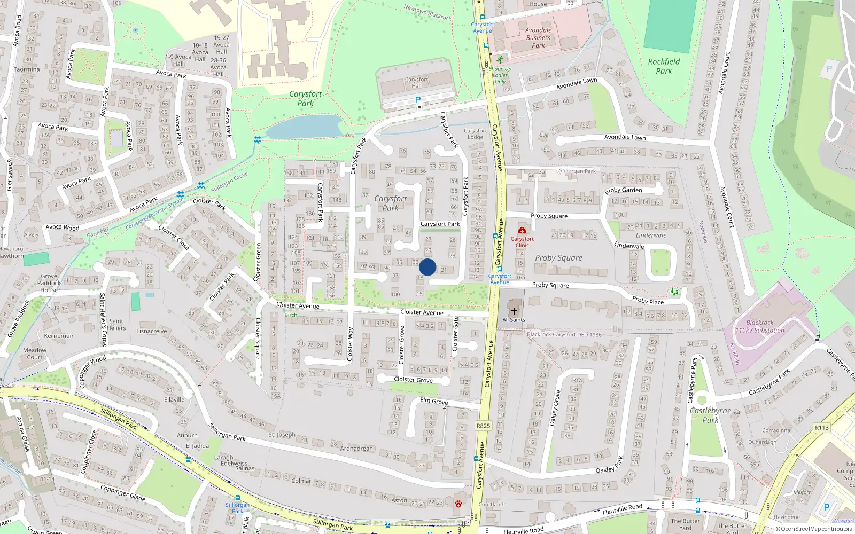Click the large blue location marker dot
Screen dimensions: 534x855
(x=428, y=267)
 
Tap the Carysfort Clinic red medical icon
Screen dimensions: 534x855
(x=522, y=230)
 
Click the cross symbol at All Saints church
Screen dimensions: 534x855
(x=514, y=311)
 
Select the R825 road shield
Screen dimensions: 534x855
(x=483, y=426)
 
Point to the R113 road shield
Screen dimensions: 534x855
(x=822, y=428)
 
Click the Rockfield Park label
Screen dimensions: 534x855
(x=664, y=66)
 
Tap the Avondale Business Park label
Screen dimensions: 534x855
(x=538, y=38)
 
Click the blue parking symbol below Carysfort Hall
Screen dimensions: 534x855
(x=418, y=100)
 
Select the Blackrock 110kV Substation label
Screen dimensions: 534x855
(x=759, y=326)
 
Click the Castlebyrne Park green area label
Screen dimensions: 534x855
(x=710, y=415)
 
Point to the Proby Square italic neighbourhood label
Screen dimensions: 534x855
(x=558, y=258)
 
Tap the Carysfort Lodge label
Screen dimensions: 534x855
(x=475, y=133)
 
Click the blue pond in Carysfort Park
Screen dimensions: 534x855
(x=305, y=127)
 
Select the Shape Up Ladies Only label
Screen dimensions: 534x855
(x=500, y=75)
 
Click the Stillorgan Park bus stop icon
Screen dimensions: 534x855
(x=237, y=498)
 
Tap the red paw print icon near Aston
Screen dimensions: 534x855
(x=458, y=504)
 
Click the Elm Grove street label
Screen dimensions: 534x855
(x=434, y=401)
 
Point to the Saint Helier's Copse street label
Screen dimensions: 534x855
(x=103, y=319)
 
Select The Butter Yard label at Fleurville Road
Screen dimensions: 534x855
(x=685, y=524)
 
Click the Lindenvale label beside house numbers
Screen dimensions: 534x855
(x=651, y=235)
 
